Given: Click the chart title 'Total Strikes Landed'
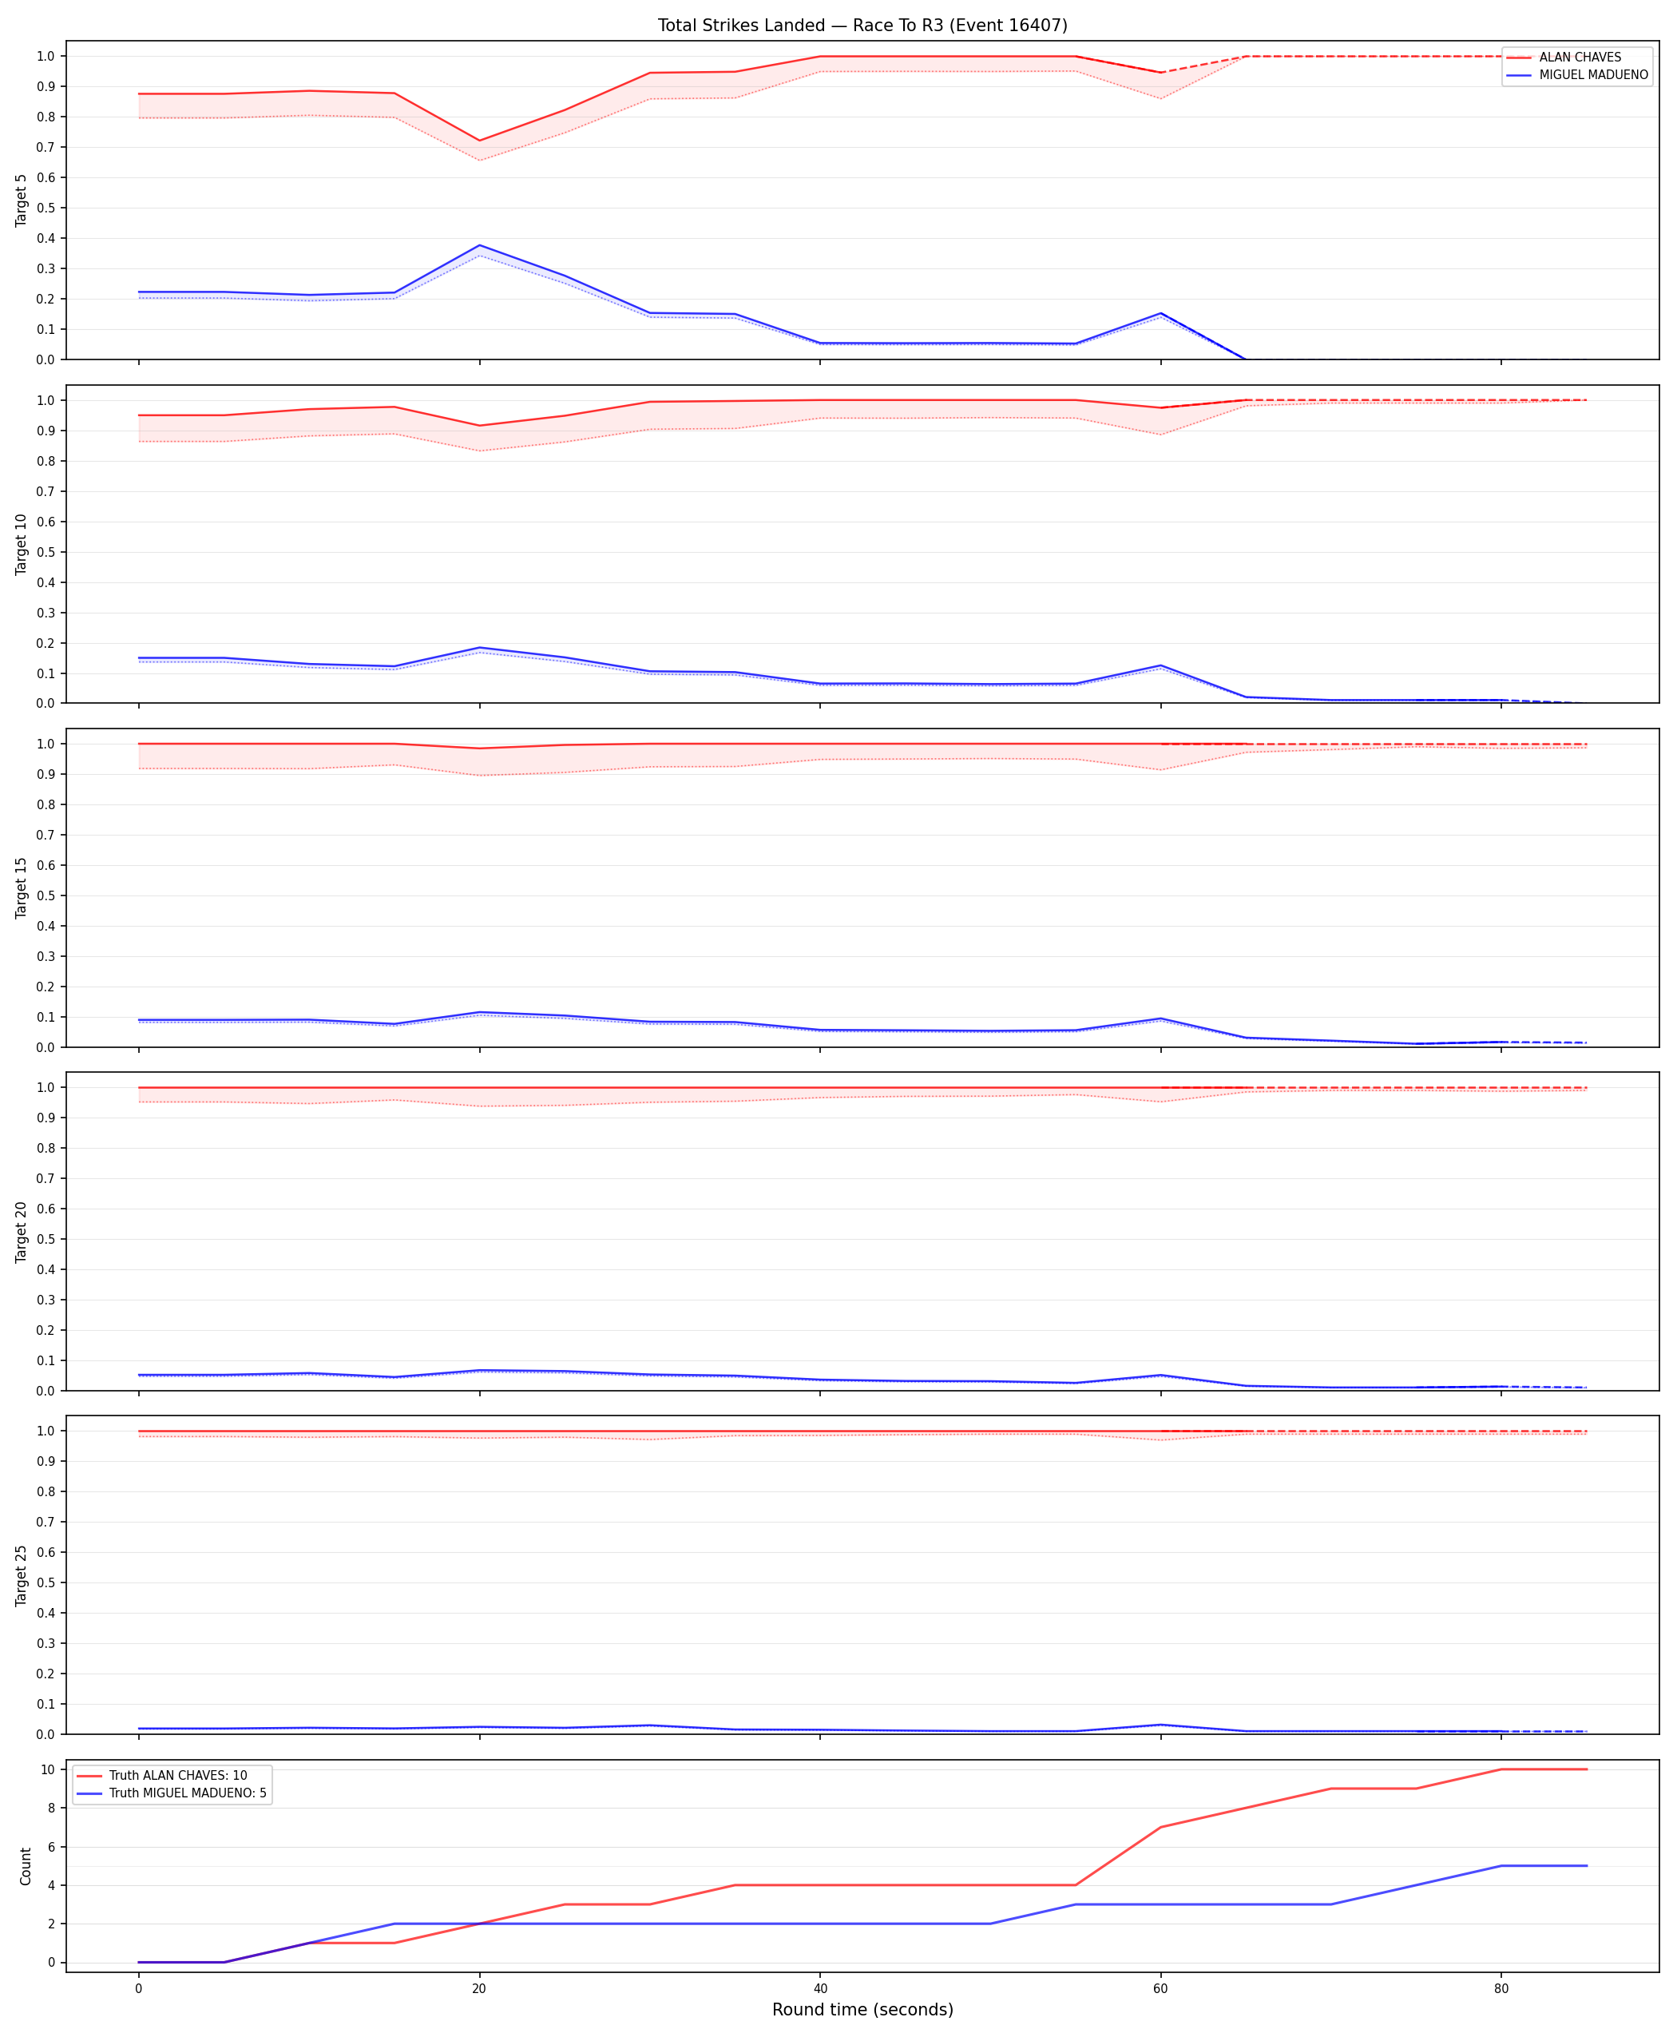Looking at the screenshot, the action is [x=741, y=25].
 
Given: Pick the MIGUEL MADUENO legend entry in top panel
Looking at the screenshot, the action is [x=1576, y=74].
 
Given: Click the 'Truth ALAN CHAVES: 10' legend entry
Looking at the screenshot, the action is [x=161, y=1775].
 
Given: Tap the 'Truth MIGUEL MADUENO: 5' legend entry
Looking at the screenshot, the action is [x=171, y=1793].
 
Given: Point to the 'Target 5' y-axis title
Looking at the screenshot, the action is [x=22, y=200].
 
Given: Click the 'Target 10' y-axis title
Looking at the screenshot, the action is [x=22, y=544].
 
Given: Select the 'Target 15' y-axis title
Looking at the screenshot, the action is [x=22, y=887].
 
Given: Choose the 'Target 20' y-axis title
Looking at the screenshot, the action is [x=22, y=1231].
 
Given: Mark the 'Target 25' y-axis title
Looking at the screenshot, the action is [x=22, y=1575].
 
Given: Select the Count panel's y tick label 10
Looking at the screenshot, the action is [x=47, y=1769].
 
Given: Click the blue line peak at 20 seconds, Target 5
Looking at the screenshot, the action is [x=479, y=245].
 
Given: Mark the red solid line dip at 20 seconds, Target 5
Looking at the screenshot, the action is [x=479, y=140].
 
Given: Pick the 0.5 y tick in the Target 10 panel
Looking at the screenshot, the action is [x=46, y=552].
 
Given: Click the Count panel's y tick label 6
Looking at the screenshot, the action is [x=51, y=1847].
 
